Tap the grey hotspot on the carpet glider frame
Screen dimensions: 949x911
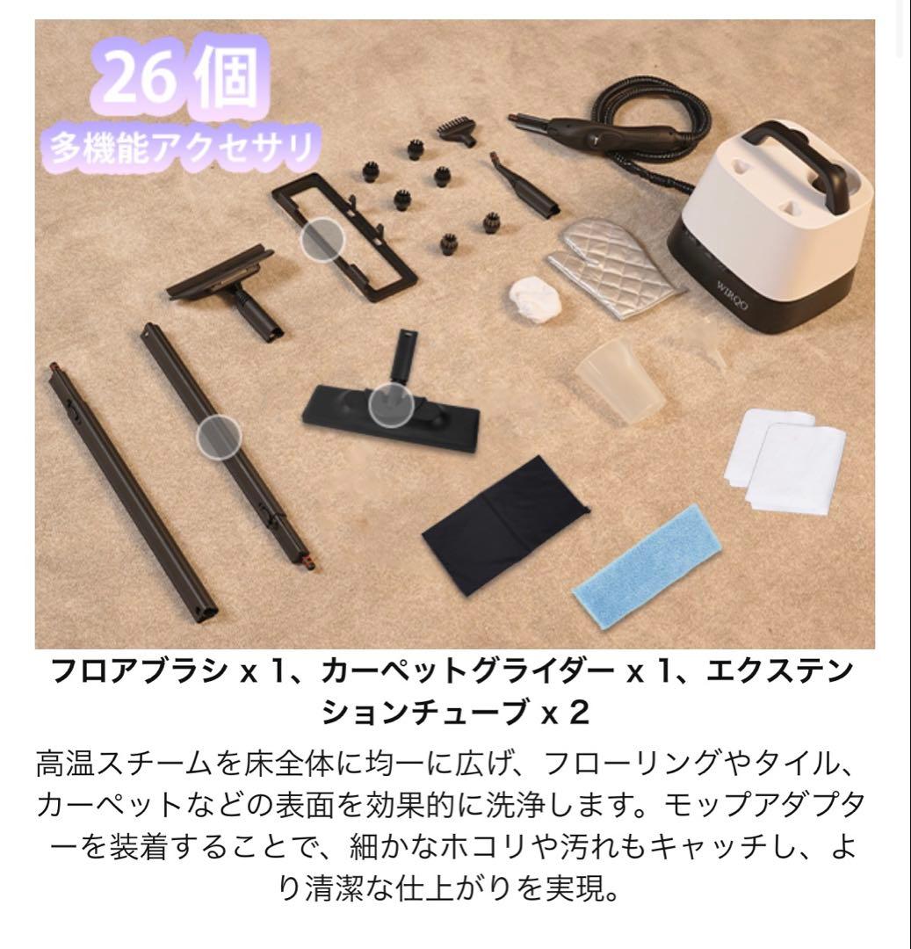tap(322, 238)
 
